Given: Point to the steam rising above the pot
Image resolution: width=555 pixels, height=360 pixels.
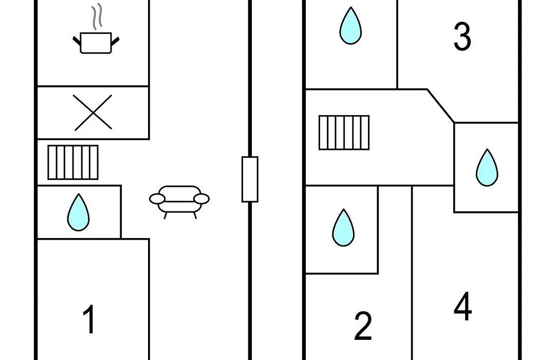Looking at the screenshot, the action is [97, 16].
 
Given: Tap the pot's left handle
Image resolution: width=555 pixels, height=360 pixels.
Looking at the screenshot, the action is [77, 41].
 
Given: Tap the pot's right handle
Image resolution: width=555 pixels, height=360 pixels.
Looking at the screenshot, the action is [116, 41].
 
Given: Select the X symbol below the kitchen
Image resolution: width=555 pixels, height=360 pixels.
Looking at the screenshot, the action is [93, 112].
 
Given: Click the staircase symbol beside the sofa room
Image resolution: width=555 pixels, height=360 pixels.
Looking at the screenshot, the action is [73, 163].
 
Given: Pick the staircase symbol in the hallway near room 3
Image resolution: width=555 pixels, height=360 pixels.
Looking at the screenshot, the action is [344, 133].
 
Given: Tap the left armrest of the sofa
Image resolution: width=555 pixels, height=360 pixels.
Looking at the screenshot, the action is [157, 199].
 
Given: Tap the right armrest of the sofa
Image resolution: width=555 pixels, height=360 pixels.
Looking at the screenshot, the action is [201, 199].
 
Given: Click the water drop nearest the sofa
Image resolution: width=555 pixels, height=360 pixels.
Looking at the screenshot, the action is [78, 212].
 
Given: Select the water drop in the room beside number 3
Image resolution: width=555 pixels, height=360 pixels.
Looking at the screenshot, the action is [350, 26].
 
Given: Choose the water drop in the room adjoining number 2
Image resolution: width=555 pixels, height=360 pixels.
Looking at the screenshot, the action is [343, 227].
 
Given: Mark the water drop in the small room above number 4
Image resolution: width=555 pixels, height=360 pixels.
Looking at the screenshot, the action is [487, 168].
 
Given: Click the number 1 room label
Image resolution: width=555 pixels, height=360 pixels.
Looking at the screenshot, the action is [89, 319].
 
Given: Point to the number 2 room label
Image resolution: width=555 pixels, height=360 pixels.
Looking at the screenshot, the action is [363, 326].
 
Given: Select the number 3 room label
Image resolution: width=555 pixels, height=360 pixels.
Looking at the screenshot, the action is [462, 36].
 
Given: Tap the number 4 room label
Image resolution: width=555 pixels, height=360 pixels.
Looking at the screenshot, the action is [462, 306].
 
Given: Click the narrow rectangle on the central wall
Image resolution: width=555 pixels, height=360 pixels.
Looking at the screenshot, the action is [250, 179].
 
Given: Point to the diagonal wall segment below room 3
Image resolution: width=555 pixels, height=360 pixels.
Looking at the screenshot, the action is [441, 106].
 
